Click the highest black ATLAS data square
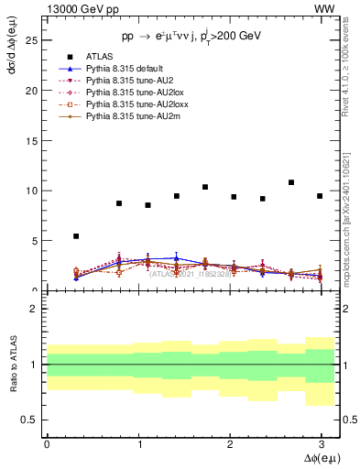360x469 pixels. (x=291, y=182)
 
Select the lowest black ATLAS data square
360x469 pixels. (x=76, y=236)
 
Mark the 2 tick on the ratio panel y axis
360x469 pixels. (x=33, y=309)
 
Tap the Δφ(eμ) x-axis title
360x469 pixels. (x=317, y=458)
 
